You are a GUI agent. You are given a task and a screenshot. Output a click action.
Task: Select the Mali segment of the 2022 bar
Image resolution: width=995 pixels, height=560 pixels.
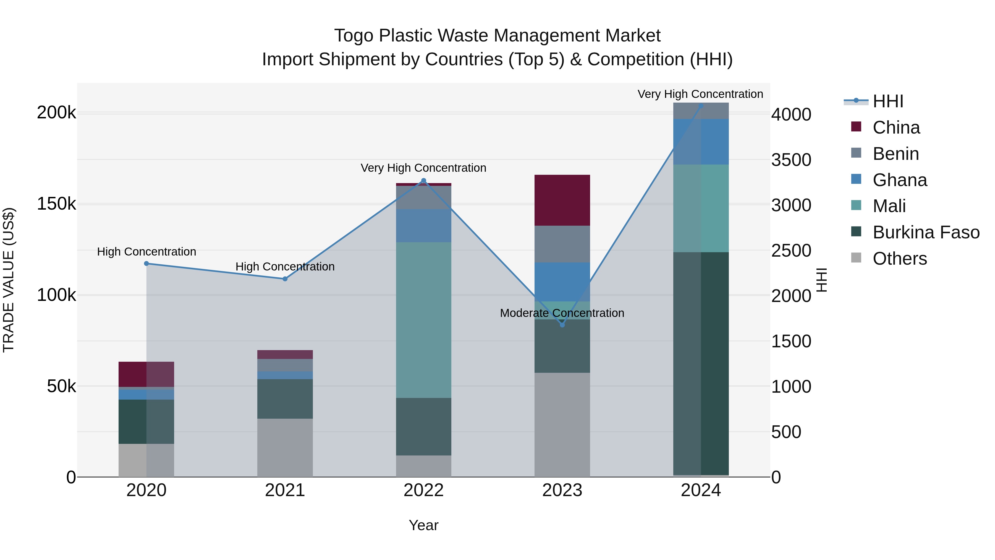[423, 320]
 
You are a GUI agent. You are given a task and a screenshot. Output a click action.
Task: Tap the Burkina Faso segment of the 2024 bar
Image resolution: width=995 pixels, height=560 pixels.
[701, 363]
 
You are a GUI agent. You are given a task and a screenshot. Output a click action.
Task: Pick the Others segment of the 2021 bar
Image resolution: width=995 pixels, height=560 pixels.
[285, 447]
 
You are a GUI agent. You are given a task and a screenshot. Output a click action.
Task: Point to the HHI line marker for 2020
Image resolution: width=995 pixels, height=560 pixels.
[146, 264]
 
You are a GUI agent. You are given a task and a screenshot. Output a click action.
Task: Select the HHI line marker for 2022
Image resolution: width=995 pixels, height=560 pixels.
[423, 181]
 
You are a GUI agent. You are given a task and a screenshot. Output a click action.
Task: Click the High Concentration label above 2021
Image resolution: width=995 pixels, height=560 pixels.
[285, 267]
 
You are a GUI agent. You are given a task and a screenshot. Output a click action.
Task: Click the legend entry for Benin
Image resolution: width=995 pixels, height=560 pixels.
[895, 154]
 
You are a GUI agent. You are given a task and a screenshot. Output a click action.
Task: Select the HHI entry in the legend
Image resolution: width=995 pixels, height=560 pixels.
[887, 101]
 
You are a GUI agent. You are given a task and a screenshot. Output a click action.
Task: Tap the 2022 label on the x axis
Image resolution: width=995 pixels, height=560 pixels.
[423, 490]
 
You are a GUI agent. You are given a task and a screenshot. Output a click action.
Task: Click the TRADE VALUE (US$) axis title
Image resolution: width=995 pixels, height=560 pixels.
[9, 280]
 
